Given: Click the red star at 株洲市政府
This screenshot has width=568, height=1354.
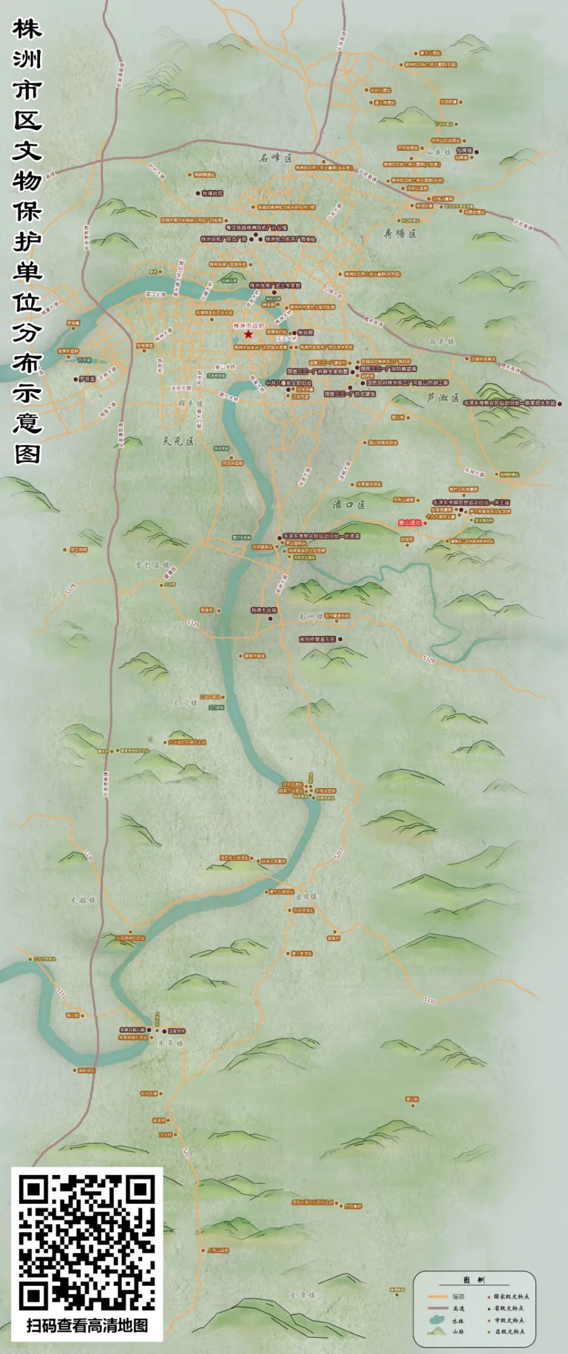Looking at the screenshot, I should click(x=248, y=334).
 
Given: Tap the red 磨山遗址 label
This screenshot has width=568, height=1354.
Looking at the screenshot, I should click(x=410, y=523).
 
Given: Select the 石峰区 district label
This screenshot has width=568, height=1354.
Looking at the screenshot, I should click(x=276, y=158).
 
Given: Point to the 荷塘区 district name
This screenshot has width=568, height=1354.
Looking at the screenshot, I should click(x=400, y=234).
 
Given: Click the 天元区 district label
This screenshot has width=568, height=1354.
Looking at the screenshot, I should click(x=178, y=441).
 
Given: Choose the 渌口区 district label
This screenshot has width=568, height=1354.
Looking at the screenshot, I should click(x=348, y=504).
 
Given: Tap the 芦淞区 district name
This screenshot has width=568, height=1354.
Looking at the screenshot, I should click(x=443, y=397).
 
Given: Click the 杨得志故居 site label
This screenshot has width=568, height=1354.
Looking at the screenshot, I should click(x=263, y=610).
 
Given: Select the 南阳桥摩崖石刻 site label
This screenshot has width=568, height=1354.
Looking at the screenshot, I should click(x=317, y=639).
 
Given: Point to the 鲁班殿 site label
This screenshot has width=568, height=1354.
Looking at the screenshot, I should click(x=306, y=333).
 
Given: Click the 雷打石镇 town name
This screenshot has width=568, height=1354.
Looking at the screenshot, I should click(x=152, y=565).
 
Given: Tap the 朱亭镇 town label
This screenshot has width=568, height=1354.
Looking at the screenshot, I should click(x=170, y=1043).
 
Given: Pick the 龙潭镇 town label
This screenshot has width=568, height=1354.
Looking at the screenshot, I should click(x=302, y=1295).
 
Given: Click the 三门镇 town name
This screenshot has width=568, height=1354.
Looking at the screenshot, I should click(x=185, y=703).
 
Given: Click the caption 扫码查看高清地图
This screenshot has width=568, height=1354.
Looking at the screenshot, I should click(x=87, y=1325).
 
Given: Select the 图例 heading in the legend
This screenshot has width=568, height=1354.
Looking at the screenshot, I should click(x=474, y=1280).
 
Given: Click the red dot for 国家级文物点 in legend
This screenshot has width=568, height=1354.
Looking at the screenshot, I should click(x=489, y=1297).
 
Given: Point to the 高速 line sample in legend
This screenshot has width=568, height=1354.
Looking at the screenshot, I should click(x=438, y=1309).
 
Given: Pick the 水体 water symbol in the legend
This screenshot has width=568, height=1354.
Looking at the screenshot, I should click(x=438, y=1320).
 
